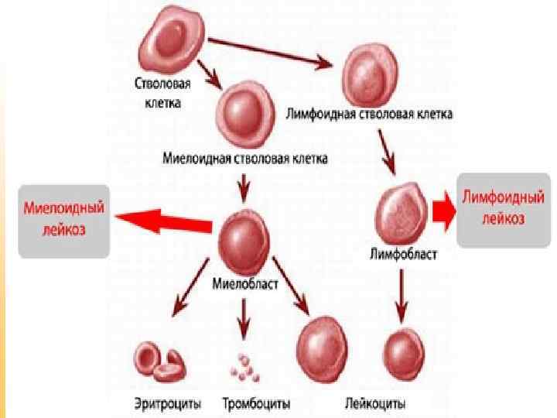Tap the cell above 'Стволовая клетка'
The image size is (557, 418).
tap(172, 41)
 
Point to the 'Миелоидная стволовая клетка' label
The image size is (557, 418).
tap(245, 159)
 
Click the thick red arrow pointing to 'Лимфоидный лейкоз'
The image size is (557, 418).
tap(443, 211)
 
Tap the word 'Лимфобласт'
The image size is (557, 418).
tap(404, 253)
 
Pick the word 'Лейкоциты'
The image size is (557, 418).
tap(374, 404)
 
